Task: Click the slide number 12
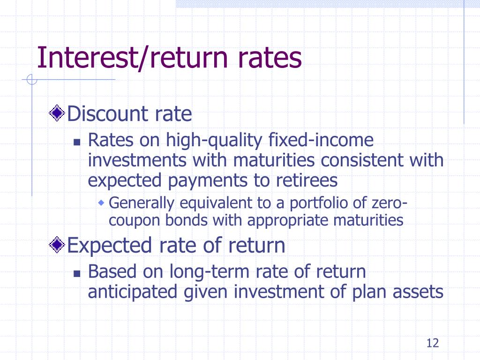[x=433, y=343]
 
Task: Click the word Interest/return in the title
[x=132, y=58]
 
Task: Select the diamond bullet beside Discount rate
[x=57, y=113]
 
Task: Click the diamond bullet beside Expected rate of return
[x=57, y=245]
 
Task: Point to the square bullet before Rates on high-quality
[x=77, y=142]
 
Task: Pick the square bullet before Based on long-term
[x=77, y=273]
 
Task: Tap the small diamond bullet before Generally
[x=101, y=202]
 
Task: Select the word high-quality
[x=214, y=141]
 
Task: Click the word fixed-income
[x=321, y=140]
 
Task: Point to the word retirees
[x=307, y=180]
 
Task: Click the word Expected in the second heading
[x=109, y=246]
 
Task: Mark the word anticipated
[x=133, y=292]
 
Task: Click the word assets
[x=418, y=292]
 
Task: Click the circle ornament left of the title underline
[x=31, y=80]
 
